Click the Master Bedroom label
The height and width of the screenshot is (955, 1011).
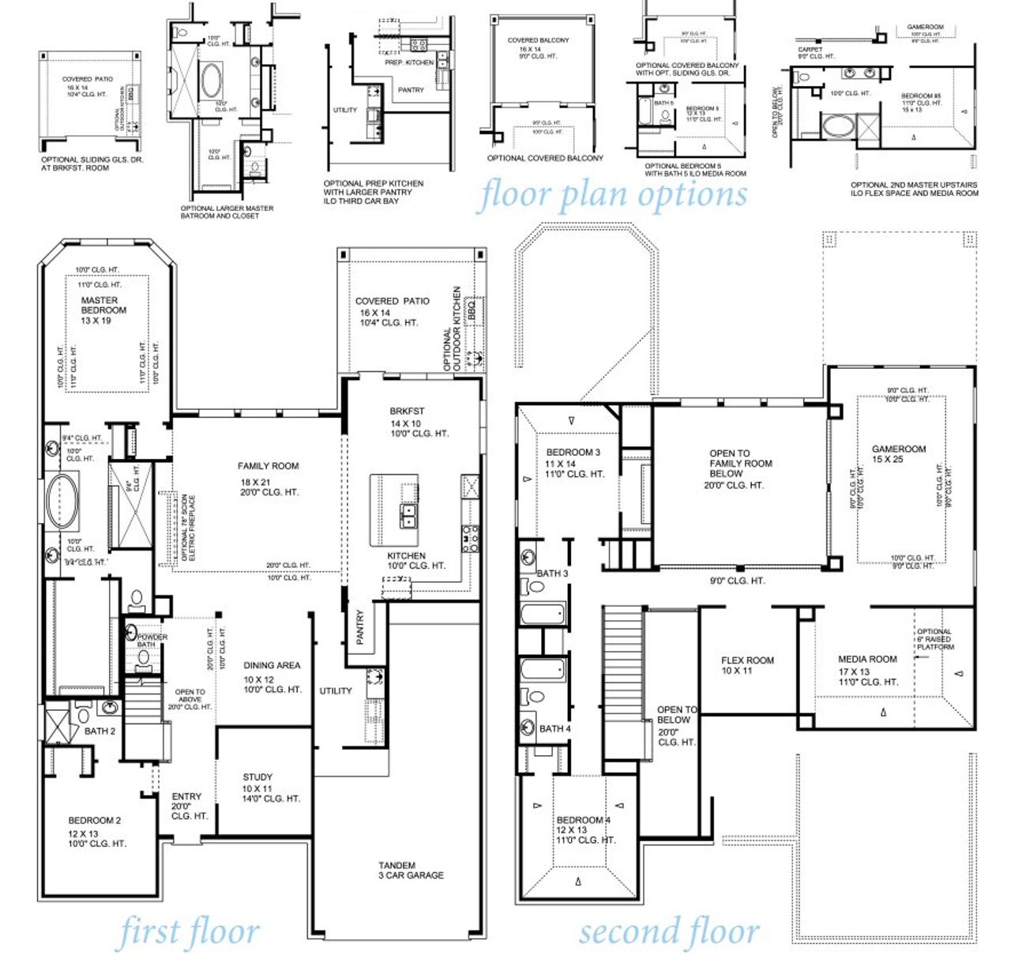(103, 306)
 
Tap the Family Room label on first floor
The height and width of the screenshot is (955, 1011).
(268, 466)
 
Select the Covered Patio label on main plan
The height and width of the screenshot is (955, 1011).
(392, 301)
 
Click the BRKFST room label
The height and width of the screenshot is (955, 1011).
(407, 412)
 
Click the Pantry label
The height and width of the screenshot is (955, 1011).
(360, 626)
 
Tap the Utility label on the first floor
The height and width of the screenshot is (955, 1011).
(336, 691)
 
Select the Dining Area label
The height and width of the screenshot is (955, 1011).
(271, 666)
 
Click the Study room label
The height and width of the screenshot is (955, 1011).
(257, 777)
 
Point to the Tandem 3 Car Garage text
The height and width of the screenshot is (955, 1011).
(411, 870)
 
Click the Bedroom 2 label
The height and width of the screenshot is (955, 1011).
(94, 821)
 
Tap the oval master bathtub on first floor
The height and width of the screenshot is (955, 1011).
(62, 501)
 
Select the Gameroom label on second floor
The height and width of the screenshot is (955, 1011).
(899, 449)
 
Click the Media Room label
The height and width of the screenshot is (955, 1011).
(867, 659)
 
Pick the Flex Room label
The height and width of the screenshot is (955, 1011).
(747, 660)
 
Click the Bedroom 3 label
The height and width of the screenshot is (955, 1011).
(573, 453)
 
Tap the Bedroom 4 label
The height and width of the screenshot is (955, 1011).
(583, 820)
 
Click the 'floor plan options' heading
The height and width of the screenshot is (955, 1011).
(612, 194)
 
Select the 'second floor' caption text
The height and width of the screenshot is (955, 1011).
(669, 931)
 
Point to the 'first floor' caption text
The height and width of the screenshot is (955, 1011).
(188, 933)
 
